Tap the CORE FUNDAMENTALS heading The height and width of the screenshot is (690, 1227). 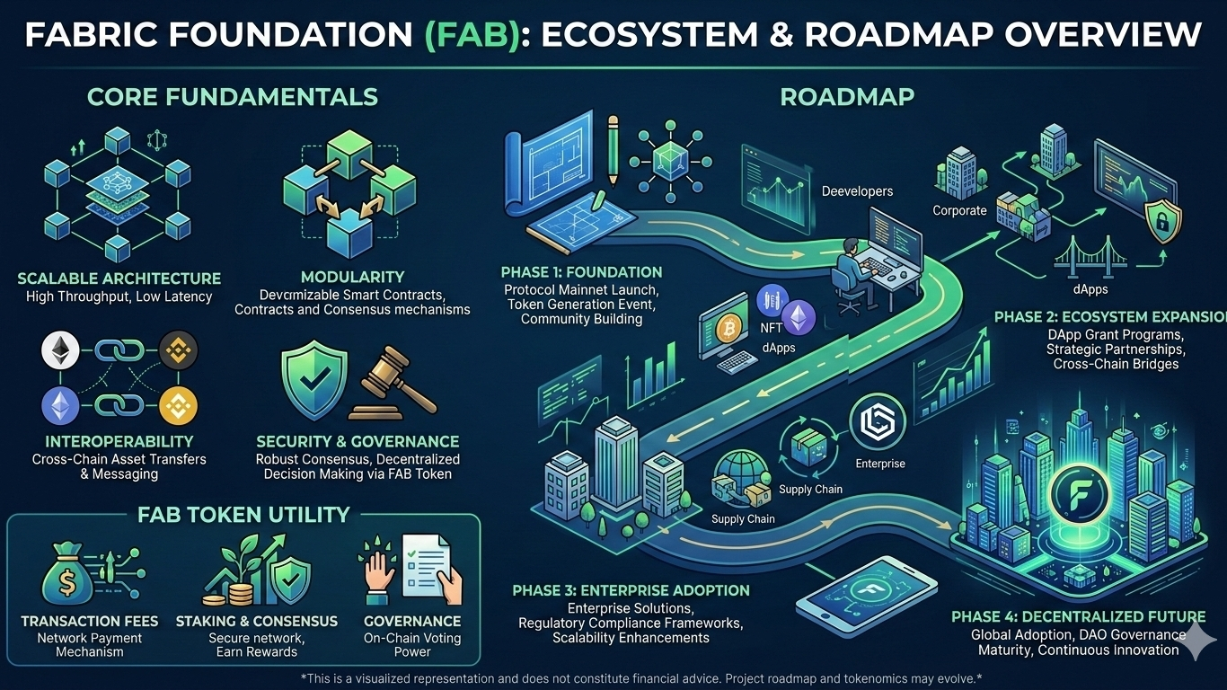pyautogui.click(x=232, y=96)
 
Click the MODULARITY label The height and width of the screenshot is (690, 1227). pyautogui.click(x=352, y=277)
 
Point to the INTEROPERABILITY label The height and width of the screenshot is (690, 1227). pyautogui.click(x=119, y=441)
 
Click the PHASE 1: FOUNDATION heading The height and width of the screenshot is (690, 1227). pyautogui.click(x=584, y=272)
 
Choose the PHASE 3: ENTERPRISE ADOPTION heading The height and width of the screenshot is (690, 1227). pyautogui.click(x=631, y=590)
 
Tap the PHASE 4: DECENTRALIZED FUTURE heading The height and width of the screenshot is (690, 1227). pyautogui.click(x=1078, y=617)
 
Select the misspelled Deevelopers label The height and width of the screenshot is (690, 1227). pyautogui.click(x=857, y=191)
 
